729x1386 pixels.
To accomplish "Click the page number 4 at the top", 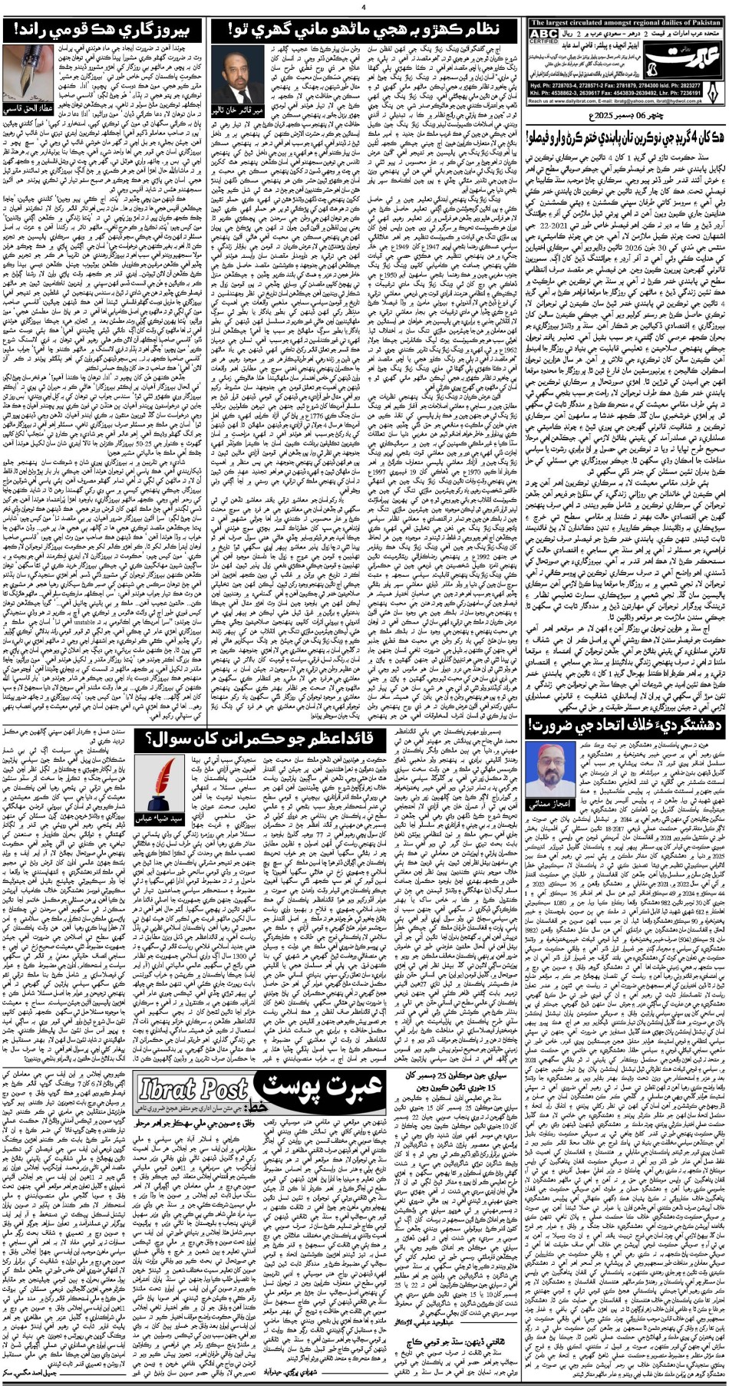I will pos(364,6).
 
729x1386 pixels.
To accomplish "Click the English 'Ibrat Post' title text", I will pos(193,1088).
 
